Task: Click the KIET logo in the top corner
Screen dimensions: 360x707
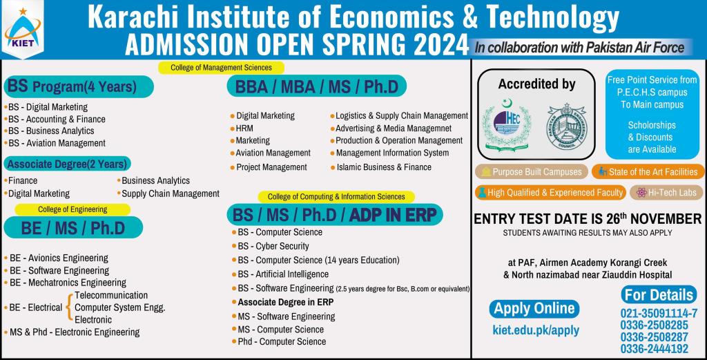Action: coord(23,30)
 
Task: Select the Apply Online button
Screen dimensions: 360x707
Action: coord(534,308)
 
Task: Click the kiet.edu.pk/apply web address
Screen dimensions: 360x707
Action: coord(536,330)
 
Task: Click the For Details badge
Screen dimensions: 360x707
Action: coord(658,295)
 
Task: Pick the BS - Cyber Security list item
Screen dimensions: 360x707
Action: coord(273,246)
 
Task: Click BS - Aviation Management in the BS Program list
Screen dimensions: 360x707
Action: coord(57,143)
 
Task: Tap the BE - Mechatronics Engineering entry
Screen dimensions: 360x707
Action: coord(68,283)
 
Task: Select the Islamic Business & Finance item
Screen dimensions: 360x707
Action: coord(384,167)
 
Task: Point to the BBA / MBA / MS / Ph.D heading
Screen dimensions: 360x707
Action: coord(316,86)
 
